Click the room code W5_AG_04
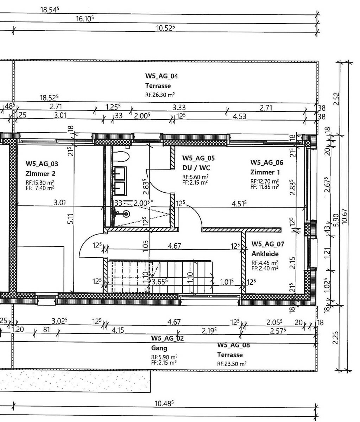(162, 76)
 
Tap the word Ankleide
(265, 254)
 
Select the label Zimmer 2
(40, 173)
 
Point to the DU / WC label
(196, 168)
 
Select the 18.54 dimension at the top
(50, 9)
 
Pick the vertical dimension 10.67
(344, 216)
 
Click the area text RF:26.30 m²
(160, 95)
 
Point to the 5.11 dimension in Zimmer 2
(70, 218)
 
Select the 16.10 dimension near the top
(85, 19)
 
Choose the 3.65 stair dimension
(159, 282)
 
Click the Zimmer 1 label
(265, 172)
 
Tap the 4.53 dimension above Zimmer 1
(240, 116)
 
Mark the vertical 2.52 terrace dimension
(336, 99)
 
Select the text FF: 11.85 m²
(265, 187)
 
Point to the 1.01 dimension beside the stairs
(227, 282)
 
